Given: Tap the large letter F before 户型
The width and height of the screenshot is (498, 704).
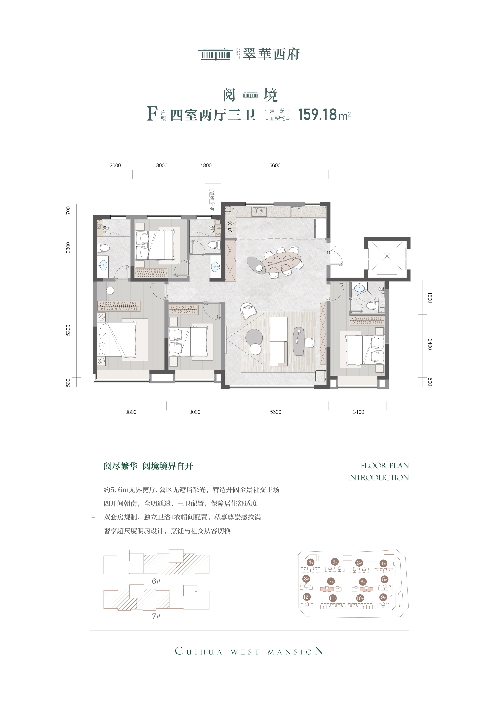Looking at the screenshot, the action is click(x=152, y=114).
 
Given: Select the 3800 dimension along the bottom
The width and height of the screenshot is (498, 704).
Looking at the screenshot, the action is click(x=131, y=412).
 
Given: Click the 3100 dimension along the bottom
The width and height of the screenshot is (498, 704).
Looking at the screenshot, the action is click(x=358, y=412).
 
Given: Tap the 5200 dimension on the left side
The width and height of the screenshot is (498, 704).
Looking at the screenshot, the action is click(x=68, y=330).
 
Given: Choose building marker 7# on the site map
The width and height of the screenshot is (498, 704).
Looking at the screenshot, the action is click(x=331, y=581).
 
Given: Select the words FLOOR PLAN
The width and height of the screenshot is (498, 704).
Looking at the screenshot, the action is click(x=385, y=466).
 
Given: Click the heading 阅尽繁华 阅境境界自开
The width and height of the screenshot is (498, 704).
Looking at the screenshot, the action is click(x=148, y=466).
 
